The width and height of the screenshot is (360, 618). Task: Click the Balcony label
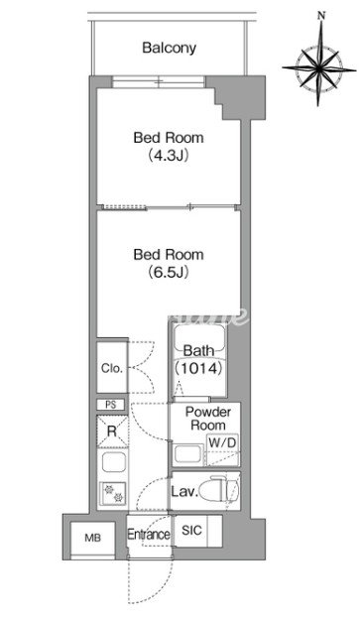pos(169,48)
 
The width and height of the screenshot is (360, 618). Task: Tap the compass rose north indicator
pos(322,16)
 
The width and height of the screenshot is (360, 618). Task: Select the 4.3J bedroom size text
pos(169,156)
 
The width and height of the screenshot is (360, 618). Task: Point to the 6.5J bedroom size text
pos(169,272)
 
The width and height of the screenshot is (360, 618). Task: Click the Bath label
pos(199,350)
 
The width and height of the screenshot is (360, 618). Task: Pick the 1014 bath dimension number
pos(199,368)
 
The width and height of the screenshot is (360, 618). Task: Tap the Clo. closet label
pos(112,368)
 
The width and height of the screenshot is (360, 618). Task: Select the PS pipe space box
pos(111,405)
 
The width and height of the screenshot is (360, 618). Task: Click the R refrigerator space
pos(112,432)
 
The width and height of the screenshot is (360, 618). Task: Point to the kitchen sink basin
pos(113,462)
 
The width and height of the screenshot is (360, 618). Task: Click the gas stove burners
pos(113,493)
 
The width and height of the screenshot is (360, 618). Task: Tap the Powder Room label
pos(208,419)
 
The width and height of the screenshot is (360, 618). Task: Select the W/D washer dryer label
pos(222,442)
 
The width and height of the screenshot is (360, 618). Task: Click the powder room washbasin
pos(188,454)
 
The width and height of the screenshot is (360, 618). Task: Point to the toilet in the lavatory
pos(219,490)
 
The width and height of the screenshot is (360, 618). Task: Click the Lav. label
pos(184,492)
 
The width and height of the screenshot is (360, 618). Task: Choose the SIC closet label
pos(191,531)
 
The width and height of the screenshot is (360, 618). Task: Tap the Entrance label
pos(149,535)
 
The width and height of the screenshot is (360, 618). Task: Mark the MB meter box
pos(93,538)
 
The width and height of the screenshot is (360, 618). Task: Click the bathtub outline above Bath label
pos(199,339)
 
